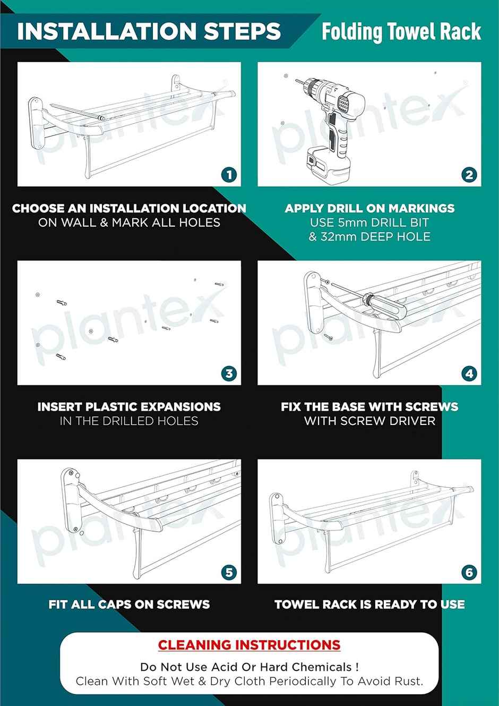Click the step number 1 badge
point(229,175)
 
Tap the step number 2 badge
point(469,175)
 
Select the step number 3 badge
point(229,373)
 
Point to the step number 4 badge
point(469,373)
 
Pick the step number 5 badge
point(229,572)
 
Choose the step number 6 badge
point(469,572)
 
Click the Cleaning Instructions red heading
point(249,645)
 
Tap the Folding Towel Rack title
point(401,32)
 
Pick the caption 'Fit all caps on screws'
point(129,604)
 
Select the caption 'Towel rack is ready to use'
point(369,604)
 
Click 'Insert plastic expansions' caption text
point(129,406)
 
